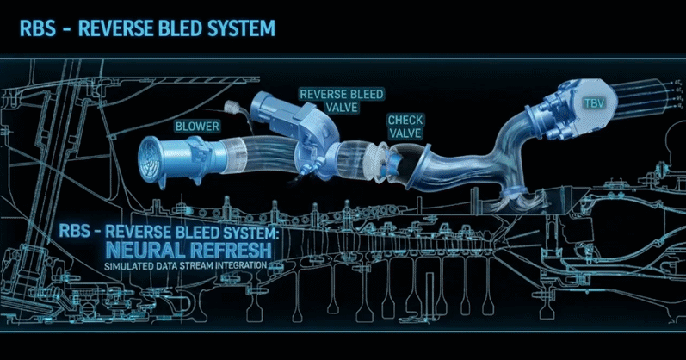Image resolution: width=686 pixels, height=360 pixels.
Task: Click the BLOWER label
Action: pos(199,126)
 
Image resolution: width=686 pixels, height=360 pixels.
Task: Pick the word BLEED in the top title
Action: pos(176,28)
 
